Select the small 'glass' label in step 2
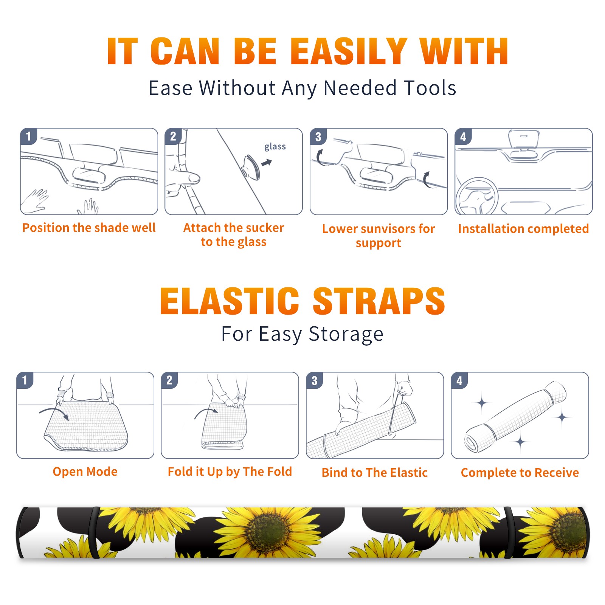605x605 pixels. [275, 146]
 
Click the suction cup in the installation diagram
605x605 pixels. [251, 166]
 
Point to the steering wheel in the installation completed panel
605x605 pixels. [477, 196]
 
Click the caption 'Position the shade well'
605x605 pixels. [89, 228]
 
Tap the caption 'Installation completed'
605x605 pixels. [523, 228]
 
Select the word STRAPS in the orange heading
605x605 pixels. [379, 301]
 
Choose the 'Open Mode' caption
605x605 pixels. [85, 472]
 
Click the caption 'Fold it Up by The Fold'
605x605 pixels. [230, 472]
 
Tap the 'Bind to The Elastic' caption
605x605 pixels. [375, 473]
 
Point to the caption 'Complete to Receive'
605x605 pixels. [520, 473]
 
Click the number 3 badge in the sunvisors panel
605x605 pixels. [318, 137]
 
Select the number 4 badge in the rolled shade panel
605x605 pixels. [459, 380]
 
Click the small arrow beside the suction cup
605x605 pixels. [267, 163]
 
